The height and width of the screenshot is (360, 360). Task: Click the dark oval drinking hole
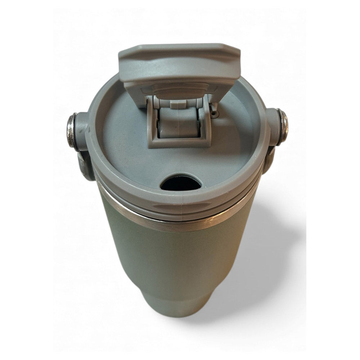point(181,183)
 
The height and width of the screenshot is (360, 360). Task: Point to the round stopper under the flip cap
point(179,88)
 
